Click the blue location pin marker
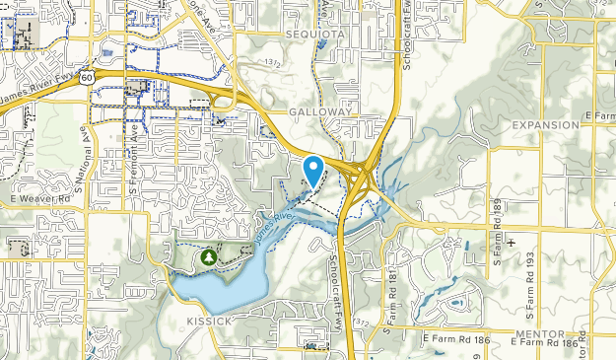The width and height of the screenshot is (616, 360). coord(313,170)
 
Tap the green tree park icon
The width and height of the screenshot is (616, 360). coord(209,256)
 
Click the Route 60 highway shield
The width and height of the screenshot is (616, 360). coord(88,76)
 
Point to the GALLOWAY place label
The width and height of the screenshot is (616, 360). coord(319,112)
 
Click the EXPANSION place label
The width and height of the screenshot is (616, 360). coord(546,125)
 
